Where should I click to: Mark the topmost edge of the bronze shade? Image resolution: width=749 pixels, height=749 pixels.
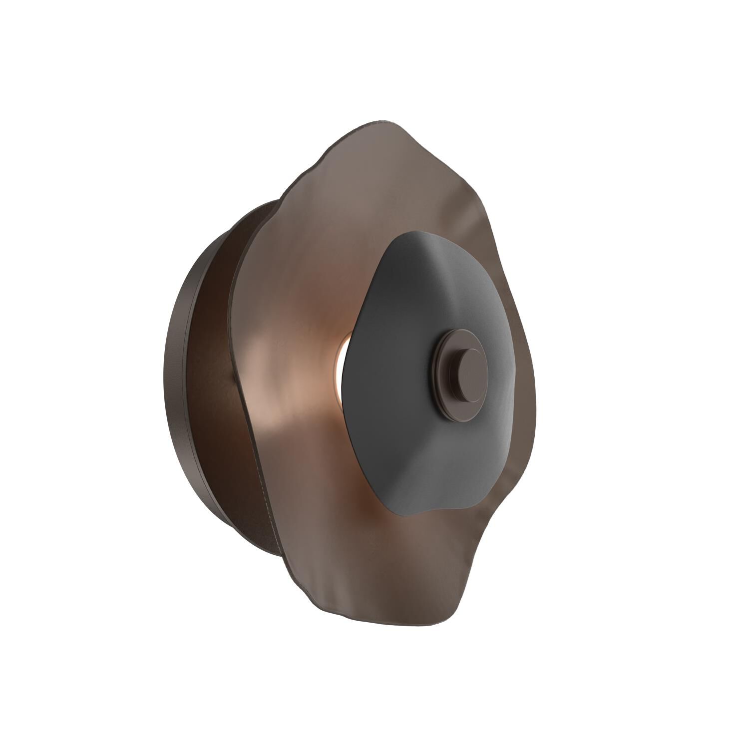[x=379, y=121]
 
